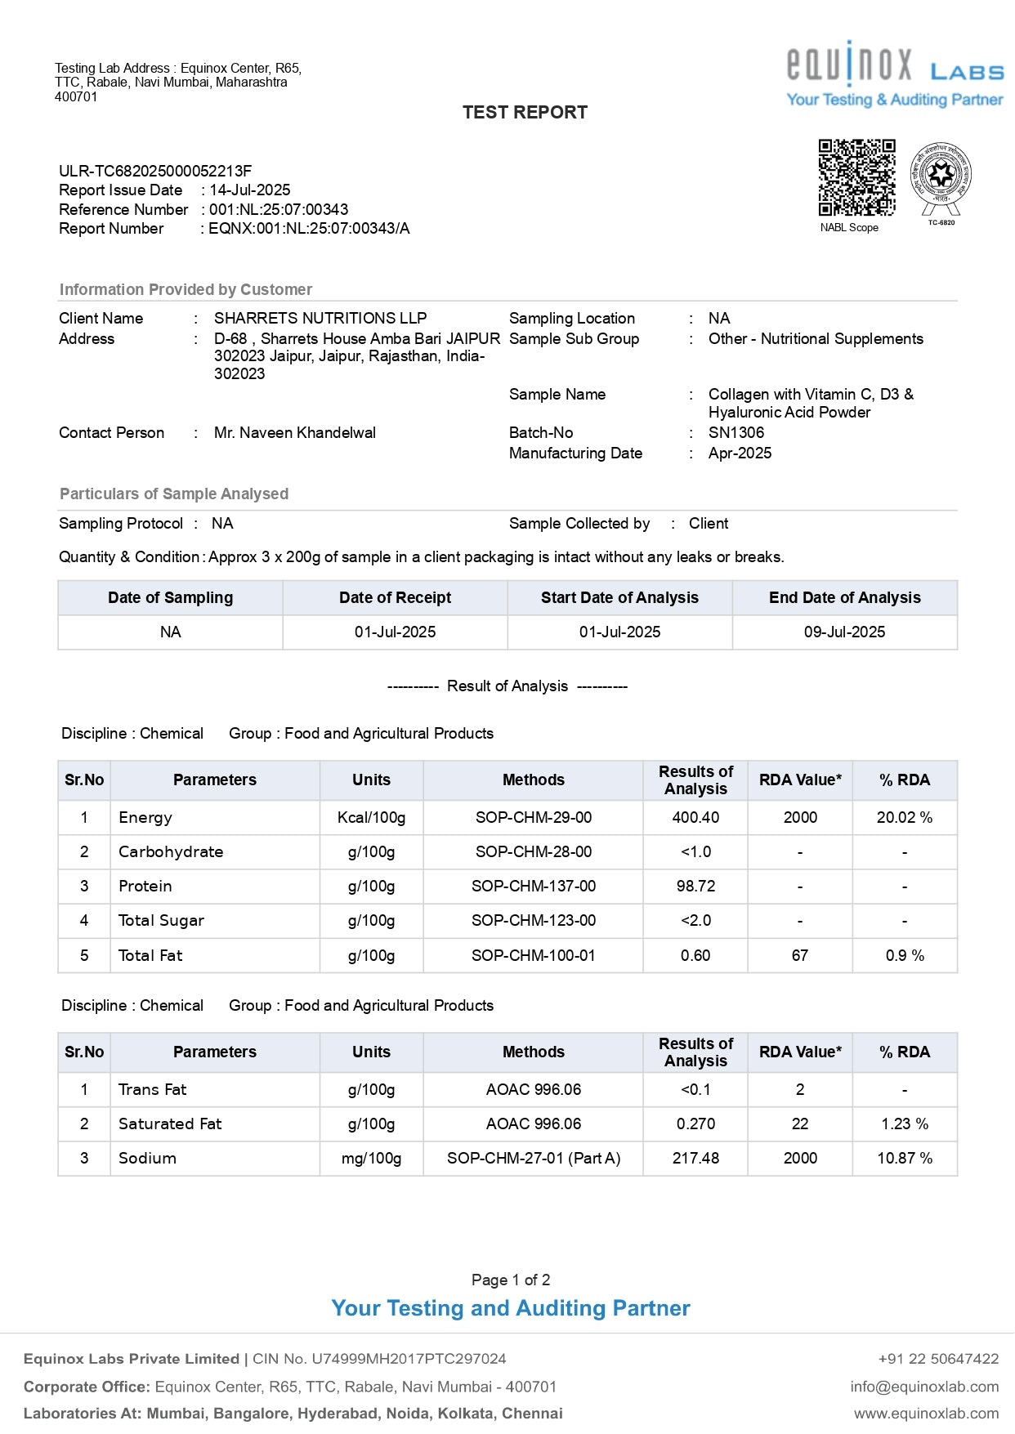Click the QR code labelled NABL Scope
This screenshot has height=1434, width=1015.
click(856, 177)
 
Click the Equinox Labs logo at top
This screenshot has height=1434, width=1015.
click(895, 74)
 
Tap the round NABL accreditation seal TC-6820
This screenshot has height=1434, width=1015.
click(941, 176)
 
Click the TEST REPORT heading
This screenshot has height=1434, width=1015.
click(525, 113)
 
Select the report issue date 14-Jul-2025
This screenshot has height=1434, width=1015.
click(250, 190)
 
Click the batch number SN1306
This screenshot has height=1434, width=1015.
click(736, 433)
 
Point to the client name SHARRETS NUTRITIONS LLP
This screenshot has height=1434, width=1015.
click(320, 319)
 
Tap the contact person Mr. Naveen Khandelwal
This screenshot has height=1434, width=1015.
click(294, 433)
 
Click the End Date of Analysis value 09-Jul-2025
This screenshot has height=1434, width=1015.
click(844, 632)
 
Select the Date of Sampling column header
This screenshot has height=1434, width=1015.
click(170, 598)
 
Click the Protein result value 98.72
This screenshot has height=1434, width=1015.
click(695, 887)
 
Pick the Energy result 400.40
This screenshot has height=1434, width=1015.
click(695, 818)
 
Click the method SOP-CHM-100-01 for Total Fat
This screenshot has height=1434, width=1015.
click(534, 956)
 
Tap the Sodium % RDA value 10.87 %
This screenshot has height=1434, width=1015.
click(905, 1159)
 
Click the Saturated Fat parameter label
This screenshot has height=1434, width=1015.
click(170, 1124)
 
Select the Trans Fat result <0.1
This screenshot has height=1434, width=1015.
click(695, 1090)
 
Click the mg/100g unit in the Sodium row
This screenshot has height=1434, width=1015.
click(371, 1159)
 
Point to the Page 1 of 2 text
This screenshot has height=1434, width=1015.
click(511, 1280)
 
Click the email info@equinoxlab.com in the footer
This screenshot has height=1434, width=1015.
click(924, 1387)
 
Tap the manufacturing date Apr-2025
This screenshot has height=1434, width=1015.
click(740, 453)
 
